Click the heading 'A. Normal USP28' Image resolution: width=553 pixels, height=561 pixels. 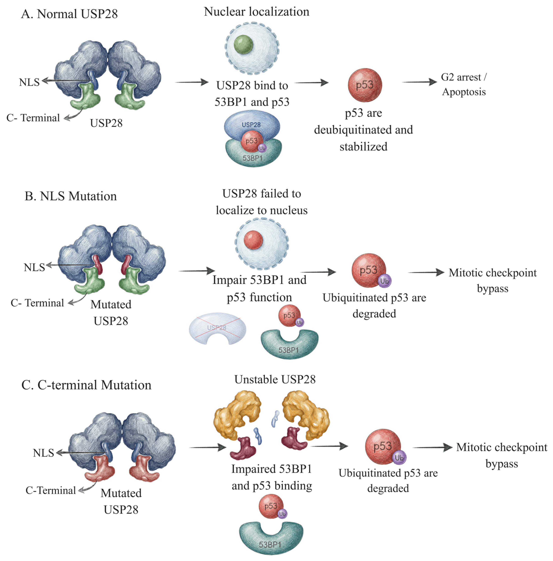coord(69,14)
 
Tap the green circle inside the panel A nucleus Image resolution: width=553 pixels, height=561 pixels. coord(243,44)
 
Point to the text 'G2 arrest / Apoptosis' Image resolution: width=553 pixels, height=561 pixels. coord(464,84)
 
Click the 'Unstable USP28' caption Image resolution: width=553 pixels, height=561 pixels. coord(275,379)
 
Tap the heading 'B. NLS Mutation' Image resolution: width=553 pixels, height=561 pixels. coord(71,196)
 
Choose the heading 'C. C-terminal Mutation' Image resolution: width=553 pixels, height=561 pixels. coord(86,385)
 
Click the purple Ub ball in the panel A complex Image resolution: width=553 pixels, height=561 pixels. coord(262,148)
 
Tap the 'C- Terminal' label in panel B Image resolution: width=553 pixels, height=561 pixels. coord(37,303)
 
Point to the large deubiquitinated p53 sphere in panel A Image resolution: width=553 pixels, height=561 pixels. coord(365,85)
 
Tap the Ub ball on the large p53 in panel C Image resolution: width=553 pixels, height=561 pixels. coord(399,458)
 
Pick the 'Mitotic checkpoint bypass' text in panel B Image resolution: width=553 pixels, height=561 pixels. coord(493,280)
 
